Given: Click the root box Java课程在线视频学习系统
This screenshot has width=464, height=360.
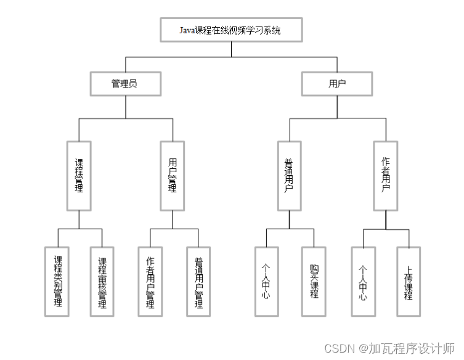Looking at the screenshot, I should click(x=231, y=30).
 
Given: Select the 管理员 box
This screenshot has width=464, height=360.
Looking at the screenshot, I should click(x=125, y=84).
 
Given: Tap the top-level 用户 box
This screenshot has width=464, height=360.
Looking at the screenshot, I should click(x=337, y=84).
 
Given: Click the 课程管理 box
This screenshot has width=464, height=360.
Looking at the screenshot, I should click(x=79, y=176).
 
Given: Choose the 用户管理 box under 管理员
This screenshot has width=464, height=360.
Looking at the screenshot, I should click(x=173, y=176).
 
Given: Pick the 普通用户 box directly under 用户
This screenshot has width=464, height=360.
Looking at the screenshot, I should click(x=289, y=176).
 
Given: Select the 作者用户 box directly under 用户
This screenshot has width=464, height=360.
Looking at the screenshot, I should click(x=386, y=176).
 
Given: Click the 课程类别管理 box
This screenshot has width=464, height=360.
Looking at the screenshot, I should click(x=58, y=281).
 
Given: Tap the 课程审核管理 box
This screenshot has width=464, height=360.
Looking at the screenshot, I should click(x=102, y=281).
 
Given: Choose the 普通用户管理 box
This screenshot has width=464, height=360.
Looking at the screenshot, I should click(x=198, y=281).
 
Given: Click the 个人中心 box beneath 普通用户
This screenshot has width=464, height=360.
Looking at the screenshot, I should click(x=266, y=281).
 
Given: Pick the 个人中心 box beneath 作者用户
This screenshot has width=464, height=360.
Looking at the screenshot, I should click(x=363, y=281).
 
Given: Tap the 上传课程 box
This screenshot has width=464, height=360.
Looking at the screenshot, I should click(x=409, y=281).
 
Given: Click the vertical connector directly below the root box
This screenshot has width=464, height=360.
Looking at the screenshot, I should click(x=231, y=49).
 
